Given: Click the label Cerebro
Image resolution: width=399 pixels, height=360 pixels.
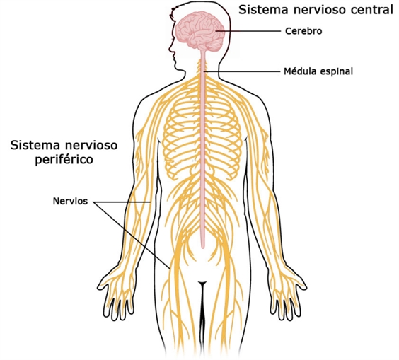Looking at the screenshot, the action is coord(303,31).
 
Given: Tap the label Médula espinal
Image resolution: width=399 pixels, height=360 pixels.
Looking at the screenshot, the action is coord(318,71).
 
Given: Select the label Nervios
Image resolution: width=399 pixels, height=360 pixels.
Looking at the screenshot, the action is coord(70,202).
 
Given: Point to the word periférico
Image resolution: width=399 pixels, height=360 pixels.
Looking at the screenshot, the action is coord(64,160).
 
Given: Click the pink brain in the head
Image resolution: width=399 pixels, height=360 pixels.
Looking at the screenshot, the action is coord(201,30).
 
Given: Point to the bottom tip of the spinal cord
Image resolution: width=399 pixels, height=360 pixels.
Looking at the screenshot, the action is coord(203,248).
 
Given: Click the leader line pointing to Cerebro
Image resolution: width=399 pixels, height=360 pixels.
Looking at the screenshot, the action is coord(249,31).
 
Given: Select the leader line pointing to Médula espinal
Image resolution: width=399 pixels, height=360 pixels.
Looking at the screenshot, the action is coord(243,71).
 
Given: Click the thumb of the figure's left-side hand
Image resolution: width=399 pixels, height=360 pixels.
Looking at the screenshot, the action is coord(103,284).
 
